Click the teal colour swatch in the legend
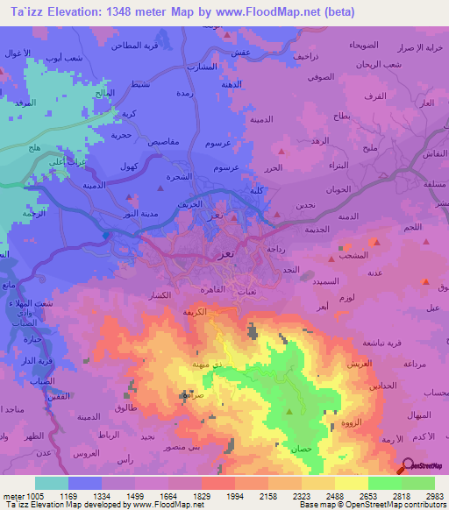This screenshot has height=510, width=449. (52, 483)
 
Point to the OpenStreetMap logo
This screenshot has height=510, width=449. (420, 466)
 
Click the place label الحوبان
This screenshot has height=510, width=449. (338, 187)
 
